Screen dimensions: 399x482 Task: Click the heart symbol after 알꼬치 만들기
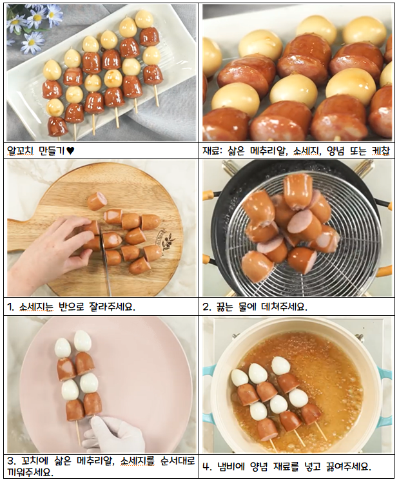point(70,151)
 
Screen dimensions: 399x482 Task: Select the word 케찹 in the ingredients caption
point(382,151)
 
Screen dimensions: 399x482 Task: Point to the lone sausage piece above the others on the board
point(97,201)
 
